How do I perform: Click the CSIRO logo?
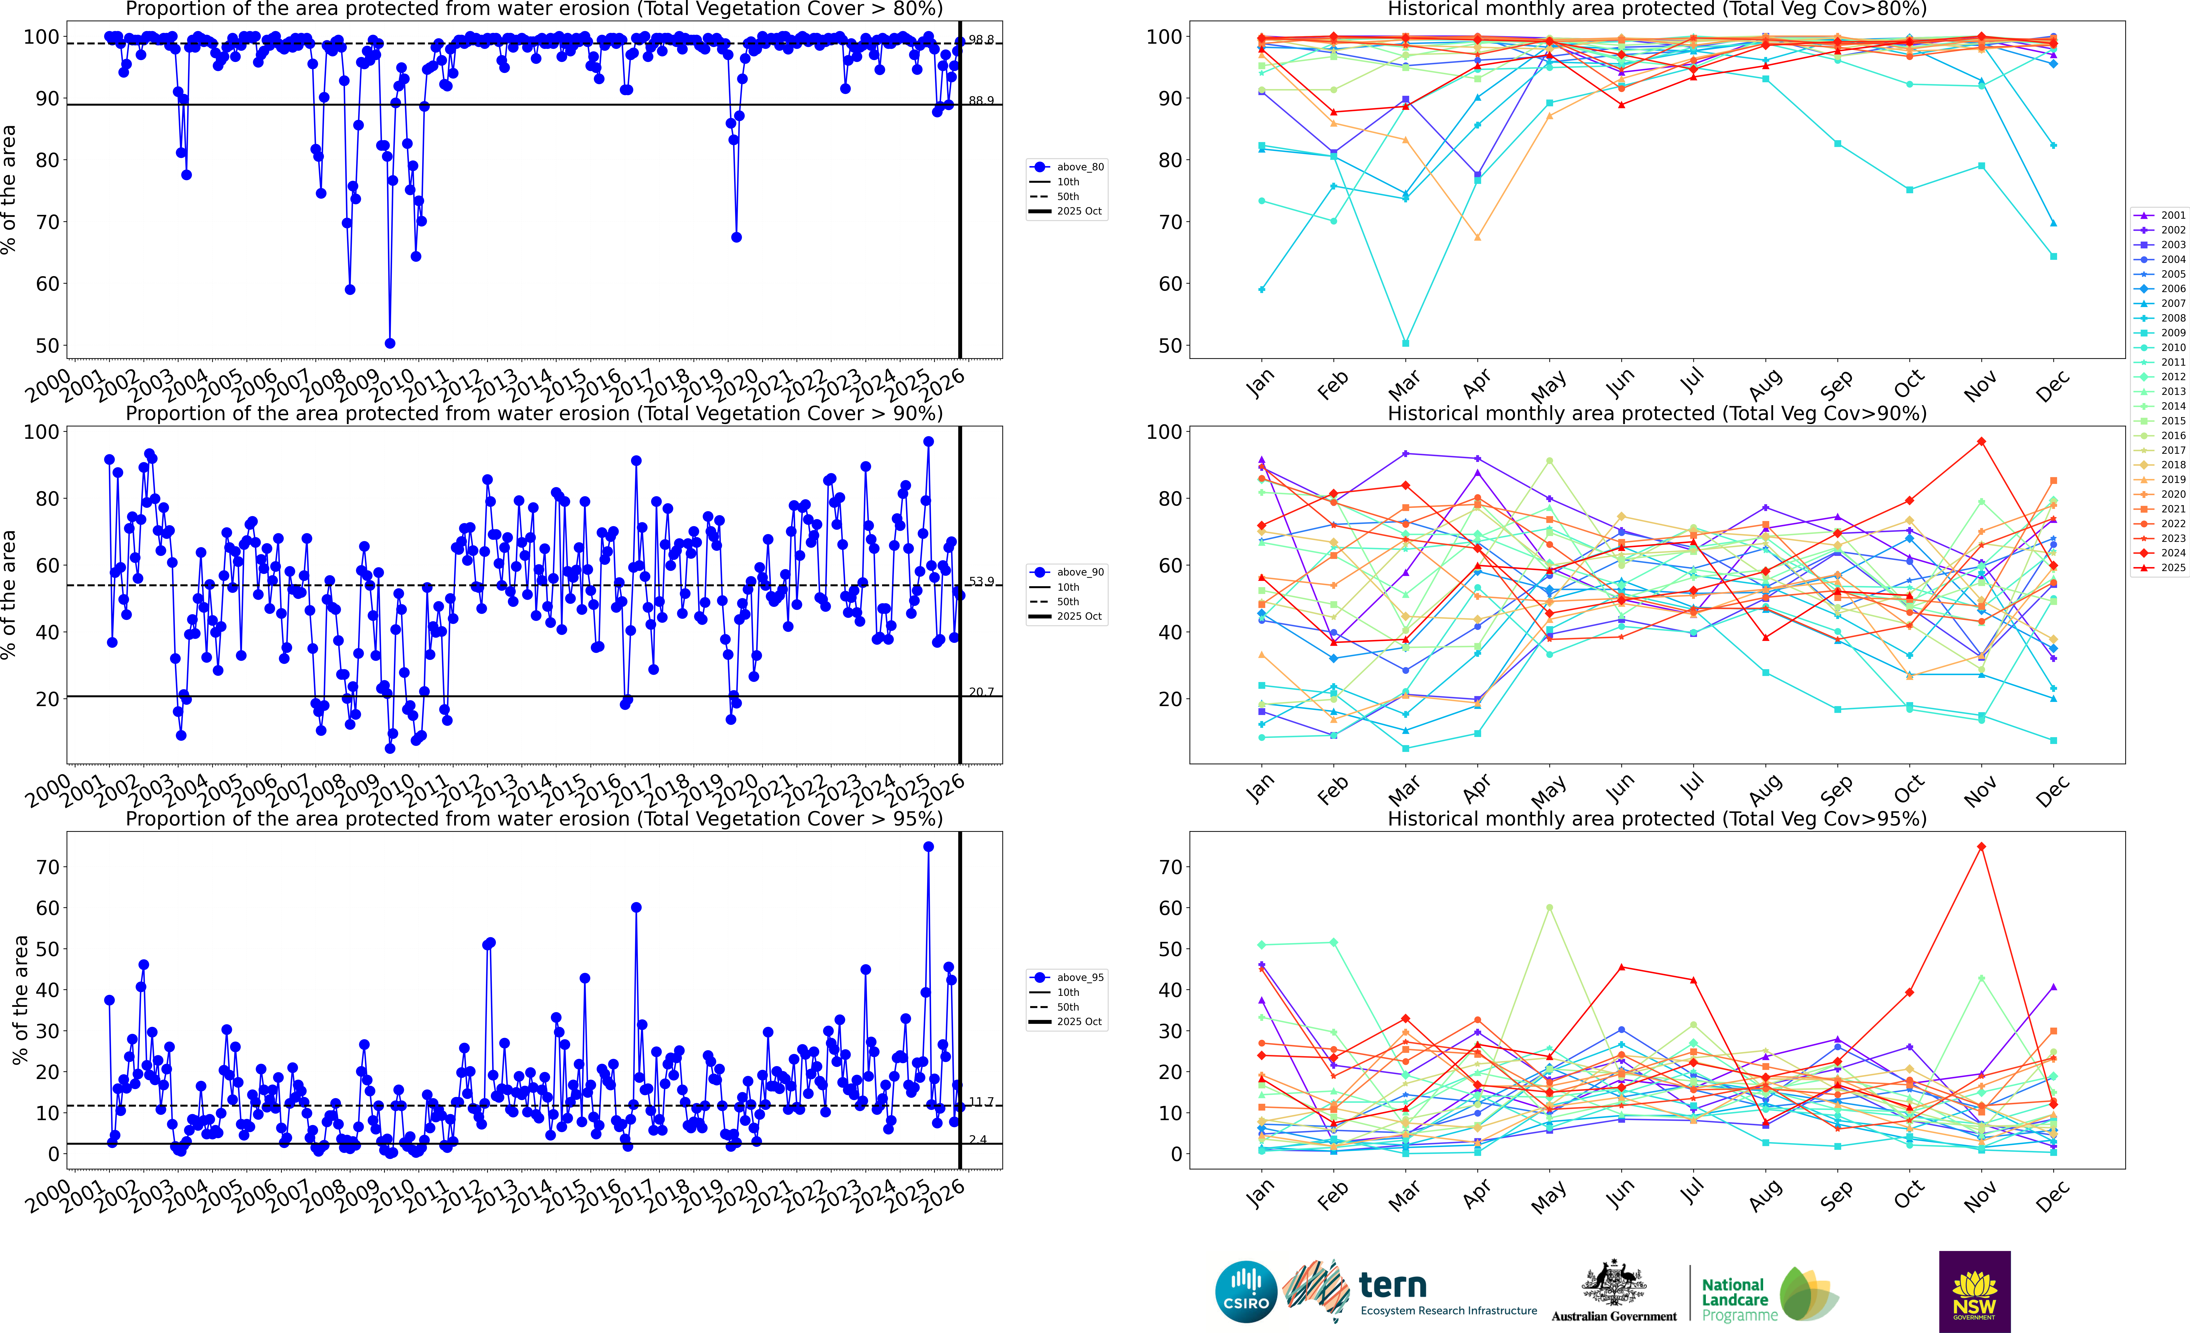click(1246, 1291)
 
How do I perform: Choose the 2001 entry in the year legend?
click(2165, 215)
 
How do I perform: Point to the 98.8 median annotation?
click(981, 40)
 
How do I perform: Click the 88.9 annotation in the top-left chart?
click(981, 100)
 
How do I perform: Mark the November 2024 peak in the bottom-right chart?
click(1981, 847)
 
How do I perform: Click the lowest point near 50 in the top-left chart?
click(389, 343)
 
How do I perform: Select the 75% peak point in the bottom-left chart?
click(928, 847)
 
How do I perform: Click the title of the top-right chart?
click(1657, 10)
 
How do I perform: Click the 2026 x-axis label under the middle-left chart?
click(944, 787)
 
